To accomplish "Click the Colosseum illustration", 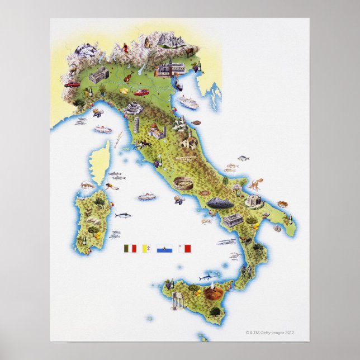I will pyautogui.click(x=183, y=183).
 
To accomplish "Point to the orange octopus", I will pyautogui.click(x=255, y=183).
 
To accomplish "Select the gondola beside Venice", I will pyautogui.click(x=179, y=86).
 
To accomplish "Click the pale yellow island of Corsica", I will pyautogui.click(x=101, y=162).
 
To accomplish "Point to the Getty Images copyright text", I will pyautogui.click(x=269, y=331).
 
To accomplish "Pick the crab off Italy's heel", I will pyautogui.click(x=282, y=204).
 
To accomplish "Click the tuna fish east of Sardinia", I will pyautogui.click(x=122, y=215).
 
